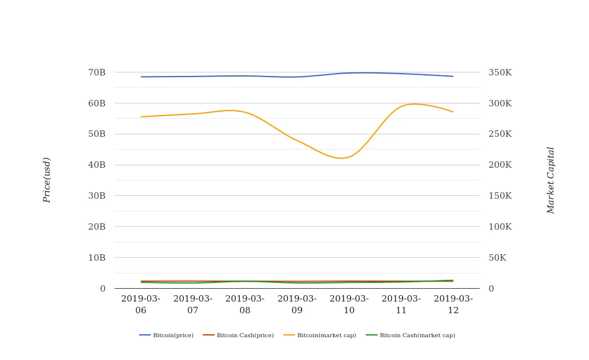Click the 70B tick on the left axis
coord(96,72)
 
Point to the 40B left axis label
coord(96,165)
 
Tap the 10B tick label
coord(96,258)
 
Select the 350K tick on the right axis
coord(500,72)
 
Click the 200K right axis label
coord(500,165)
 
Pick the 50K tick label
coord(497,258)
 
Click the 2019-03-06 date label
coord(141,304)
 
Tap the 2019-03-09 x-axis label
coord(297,304)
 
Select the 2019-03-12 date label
coord(453,304)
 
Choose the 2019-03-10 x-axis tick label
coord(349,304)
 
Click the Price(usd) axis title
coord(47,180)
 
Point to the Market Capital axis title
coord(550,180)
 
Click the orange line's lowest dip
coord(342,158)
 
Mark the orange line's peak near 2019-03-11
coord(414,104)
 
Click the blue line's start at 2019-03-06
coord(141,77)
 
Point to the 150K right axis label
coord(500,196)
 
